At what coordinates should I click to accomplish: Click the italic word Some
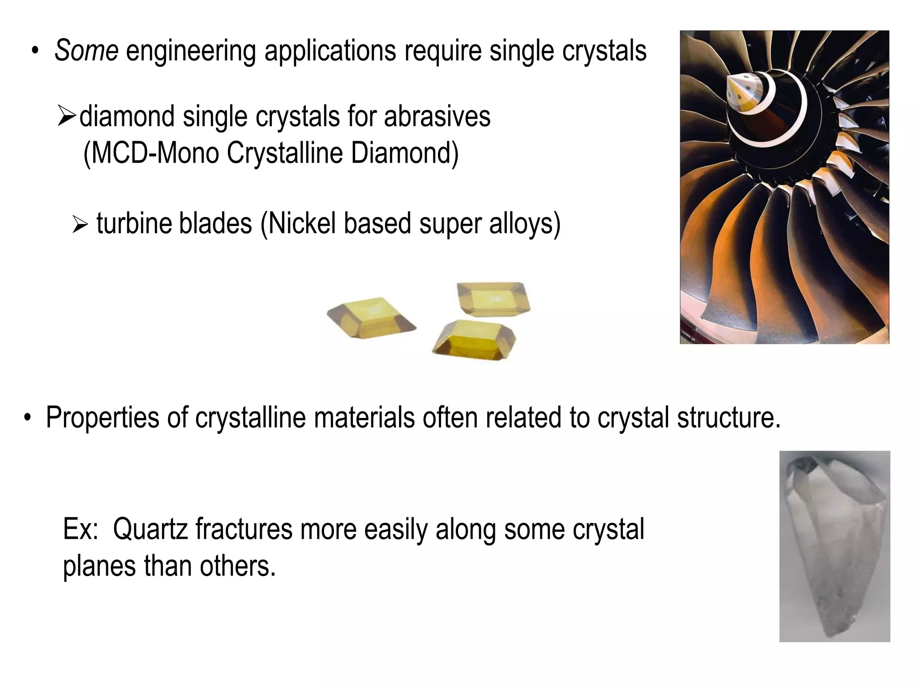[x=86, y=51]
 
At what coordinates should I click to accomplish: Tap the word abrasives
[x=437, y=116]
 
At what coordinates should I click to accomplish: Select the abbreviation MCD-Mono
[x=151, y=153]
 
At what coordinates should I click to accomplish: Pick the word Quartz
[x=150, y=529]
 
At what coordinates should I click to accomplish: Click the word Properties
[x=103, y=417]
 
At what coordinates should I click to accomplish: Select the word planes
[x=99, y=565]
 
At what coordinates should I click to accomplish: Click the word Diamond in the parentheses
[x=404, y=153]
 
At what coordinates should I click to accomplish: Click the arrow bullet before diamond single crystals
[x=67, y=116]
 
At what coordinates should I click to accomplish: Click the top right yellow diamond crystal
[x=493, y=298]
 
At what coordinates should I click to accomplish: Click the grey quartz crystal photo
[x=834, y=546]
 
